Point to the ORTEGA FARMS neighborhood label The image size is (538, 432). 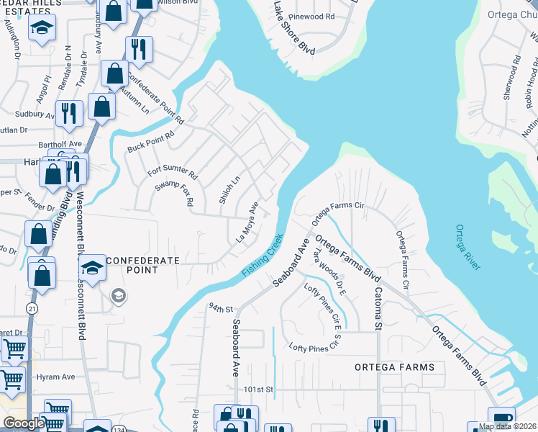[395, 367]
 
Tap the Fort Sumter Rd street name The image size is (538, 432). [173, 173]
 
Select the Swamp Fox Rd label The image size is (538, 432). [175, 193]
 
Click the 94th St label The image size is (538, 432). [222, 308]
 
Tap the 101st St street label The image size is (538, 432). [259, 390]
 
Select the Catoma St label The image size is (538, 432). [377, 307]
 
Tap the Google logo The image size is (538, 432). [24, 423]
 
